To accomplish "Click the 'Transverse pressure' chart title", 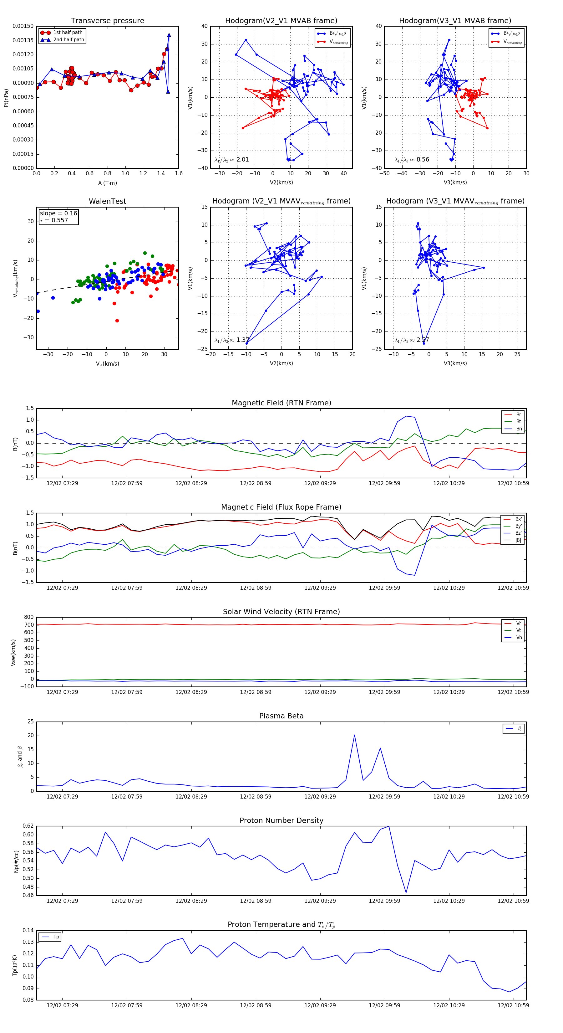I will tap(107, 21).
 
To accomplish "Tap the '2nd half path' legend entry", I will tap(68, 40).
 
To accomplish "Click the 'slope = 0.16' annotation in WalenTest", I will tap(58, 213).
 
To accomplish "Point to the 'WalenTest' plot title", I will tap(107, 201).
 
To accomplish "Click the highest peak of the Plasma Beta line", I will tap(354, 735).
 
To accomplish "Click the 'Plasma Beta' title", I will tap(281, 716).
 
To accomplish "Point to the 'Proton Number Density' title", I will tap(281, 820).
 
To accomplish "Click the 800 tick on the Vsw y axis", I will tap(29, 617).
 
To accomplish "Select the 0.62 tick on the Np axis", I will tap(28, 826).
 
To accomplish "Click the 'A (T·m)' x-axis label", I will tap(107, 183).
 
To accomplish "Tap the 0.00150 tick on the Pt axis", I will tap(23, 26).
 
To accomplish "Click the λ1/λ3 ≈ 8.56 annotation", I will tap(412, 160).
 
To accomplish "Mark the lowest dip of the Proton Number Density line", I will tap(406, 893).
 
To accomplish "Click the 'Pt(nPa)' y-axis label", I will tap(6, 97).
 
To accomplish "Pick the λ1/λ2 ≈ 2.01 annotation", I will tap(231, 160).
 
